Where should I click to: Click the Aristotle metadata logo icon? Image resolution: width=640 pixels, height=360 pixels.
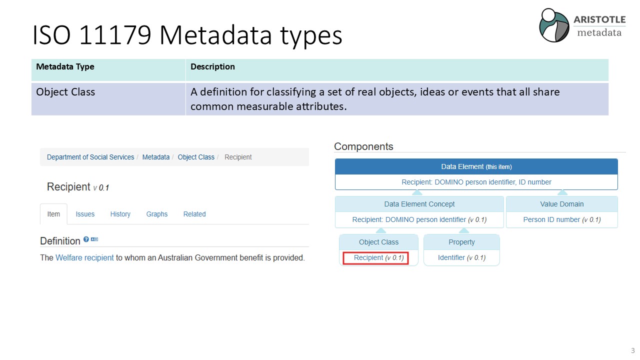point(554,25)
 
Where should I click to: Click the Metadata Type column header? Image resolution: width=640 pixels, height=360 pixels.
point(65,66)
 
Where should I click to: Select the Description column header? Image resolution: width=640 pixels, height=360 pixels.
point(212,66)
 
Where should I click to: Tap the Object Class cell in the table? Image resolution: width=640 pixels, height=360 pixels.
point(65,92)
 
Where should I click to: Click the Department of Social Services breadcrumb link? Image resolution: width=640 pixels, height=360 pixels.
point(90,157)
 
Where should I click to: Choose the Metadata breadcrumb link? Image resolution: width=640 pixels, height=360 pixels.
point(155,157)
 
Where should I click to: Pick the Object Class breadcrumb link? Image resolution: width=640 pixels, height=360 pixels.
point(196,157)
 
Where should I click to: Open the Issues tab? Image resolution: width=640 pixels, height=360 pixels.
point(85,214)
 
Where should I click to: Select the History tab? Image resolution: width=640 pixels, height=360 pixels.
point(120,214)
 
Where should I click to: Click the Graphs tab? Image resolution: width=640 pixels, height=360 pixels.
point(157,214)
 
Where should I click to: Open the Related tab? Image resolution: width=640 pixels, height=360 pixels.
point(194,214)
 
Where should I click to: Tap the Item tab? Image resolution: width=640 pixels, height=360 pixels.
point(53,214)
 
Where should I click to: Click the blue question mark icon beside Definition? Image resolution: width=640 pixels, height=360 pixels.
point(86,239)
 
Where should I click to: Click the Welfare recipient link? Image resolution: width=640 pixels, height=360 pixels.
point(84,257)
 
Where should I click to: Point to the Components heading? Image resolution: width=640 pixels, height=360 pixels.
point(363,146)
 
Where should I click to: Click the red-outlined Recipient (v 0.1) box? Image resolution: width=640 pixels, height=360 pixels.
point(375,257)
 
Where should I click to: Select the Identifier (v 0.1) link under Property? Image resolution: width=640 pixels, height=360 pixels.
point(461,257)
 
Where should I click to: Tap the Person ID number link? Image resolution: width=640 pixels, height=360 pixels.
point(551,219)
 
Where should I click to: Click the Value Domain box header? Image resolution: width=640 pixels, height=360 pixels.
point(561,204)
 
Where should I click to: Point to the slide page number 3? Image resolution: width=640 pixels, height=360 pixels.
point(632,350)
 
